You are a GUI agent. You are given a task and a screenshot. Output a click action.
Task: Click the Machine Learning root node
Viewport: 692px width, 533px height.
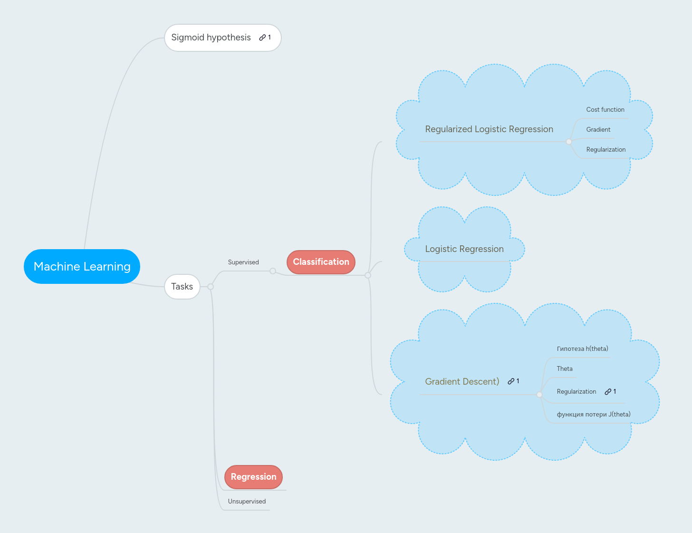click(x=82, y=266)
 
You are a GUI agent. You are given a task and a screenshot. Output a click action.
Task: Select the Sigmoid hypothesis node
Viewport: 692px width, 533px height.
click(x=211, y=38)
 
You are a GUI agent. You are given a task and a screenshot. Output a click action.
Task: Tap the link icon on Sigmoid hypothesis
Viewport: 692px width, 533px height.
click(x=262, y=38)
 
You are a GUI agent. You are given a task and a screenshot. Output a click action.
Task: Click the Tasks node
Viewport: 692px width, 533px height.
click(x=182, y=287)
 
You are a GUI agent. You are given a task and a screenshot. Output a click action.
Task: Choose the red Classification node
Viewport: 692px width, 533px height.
click(x=321, y=262)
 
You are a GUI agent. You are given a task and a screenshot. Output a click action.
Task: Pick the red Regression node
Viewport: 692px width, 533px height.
click(x=253, y=477)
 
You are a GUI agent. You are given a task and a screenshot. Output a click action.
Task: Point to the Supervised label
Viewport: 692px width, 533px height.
click(x=243, y=262)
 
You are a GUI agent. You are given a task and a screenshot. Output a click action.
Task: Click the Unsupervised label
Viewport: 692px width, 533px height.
click(x=247, y=502)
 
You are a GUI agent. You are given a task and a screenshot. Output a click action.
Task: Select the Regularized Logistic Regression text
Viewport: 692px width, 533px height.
click(x=489, y=129)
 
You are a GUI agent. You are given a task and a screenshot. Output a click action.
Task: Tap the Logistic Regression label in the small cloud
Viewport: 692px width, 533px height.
click(x=464, y=249)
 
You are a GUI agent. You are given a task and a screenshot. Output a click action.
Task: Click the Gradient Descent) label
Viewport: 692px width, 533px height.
click(x=462, y=382)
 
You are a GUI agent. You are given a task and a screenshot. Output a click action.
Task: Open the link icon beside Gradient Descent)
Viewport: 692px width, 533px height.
click(x=511, y=381)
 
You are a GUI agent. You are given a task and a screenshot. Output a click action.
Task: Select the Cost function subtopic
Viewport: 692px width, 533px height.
click(x=605, y=110)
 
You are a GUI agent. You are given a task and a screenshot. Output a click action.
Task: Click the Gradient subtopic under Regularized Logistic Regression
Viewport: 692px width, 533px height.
click(x=598, y=130)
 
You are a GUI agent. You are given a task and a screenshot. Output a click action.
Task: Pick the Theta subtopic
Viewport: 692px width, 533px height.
click(x=565, y=369)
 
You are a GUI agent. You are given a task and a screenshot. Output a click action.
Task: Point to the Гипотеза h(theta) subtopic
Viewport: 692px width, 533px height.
click(x=582, y=349)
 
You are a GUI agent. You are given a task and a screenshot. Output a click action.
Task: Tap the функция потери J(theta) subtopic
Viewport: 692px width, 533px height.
click(x=594, y=415)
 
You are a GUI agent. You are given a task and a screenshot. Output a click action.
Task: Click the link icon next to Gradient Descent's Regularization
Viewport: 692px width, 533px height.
click(x=608, y=392)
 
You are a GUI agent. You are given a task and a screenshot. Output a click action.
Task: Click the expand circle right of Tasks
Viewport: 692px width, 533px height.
click(x=211, y=287)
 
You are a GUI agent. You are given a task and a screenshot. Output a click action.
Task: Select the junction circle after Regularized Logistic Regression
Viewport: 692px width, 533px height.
click(x=569, y=142)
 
